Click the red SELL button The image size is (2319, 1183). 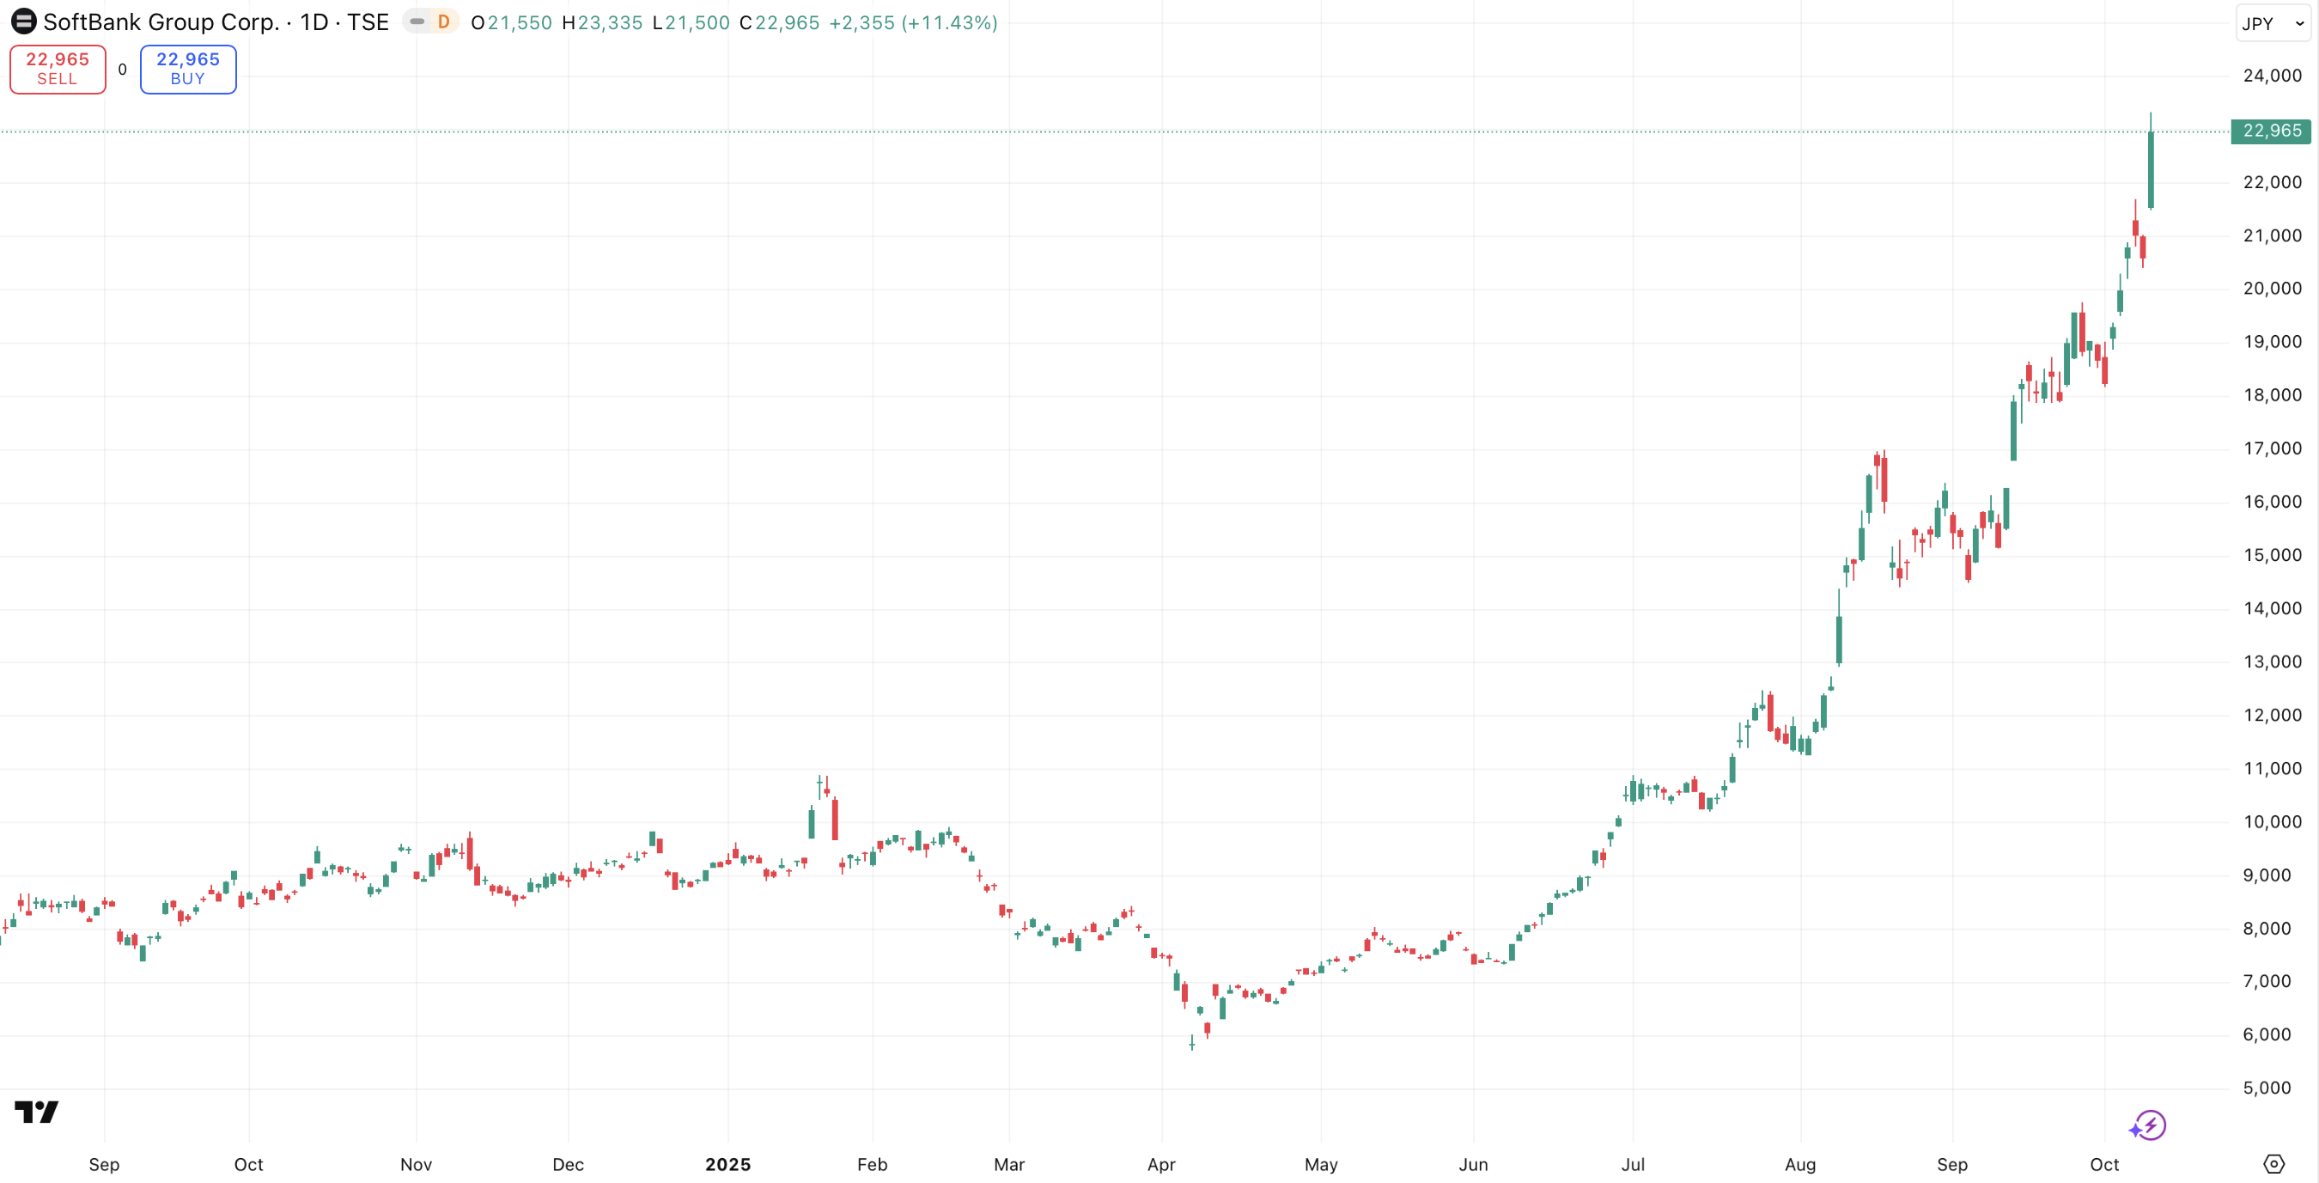point(58,69)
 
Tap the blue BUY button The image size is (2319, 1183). point(187,69)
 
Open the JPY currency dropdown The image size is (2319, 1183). point(2271,23)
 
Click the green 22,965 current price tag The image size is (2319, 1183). point(2270,131)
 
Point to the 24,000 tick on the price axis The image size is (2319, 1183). point(2271,76)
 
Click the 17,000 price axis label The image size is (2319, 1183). point(2271,448)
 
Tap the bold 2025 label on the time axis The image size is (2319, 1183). point(727,1164)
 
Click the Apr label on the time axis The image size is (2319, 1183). point(1160,1164)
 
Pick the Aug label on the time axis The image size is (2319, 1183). point(1799,1164)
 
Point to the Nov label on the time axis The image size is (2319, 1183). point(416,1164)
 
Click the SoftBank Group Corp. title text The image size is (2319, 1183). point(161,21)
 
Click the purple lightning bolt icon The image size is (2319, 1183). point(2150,1125)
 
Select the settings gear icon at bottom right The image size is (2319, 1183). point(2273,1163)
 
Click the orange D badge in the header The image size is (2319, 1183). point(443,21)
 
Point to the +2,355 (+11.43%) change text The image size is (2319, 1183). point(912,22)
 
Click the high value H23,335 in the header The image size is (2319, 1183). point(601,22)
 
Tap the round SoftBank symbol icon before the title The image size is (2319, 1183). point(23,21)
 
